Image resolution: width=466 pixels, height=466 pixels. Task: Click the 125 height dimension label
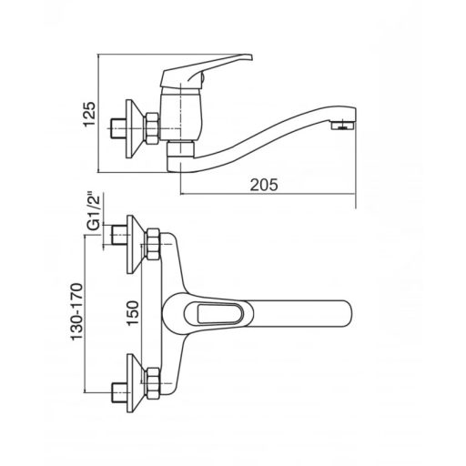click(90, 114)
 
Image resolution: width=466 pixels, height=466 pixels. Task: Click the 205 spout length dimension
click(264, 185)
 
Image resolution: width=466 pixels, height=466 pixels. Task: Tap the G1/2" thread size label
click(94, 211)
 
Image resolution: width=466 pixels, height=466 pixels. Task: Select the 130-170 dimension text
click(76, 312)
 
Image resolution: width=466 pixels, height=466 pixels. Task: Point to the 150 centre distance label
click(133, 313)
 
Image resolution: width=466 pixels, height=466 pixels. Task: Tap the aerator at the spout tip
click(342, 125)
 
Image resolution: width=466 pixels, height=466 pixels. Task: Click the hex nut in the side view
click(153, 128)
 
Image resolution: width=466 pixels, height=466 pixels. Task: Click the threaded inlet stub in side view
click(118, 128)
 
